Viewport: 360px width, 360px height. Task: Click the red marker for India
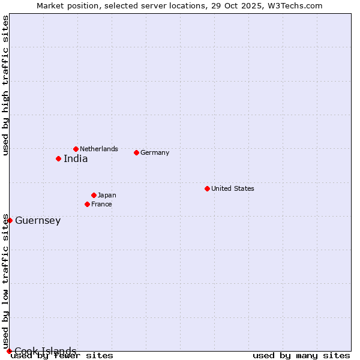coord(58,158)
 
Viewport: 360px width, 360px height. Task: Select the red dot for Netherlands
coord(76,149)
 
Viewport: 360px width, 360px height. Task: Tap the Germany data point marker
coord(136,152)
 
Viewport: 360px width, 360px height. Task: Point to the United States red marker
coord(207,188)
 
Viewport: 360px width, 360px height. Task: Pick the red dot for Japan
coord(94,195)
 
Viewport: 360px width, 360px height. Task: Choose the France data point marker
coord(87,204)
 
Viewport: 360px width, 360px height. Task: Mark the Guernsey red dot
coord(10,220)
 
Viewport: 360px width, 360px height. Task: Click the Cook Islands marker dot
coord(9,351)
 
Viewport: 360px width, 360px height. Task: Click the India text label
coord(76,159)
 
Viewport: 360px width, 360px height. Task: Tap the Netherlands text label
coord(99,149)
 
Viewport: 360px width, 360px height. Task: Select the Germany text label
coord(155,152)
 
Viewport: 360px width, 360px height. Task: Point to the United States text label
coord(233,188)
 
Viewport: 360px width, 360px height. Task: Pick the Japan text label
coord(107,195)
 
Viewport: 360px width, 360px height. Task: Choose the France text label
coord(101,204)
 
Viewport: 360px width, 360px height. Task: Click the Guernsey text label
coord(38,221)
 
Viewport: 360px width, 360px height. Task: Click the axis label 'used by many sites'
coord(301,356)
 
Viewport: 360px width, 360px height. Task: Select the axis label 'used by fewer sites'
coord(62,356)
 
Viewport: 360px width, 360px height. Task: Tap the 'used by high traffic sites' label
coord(5,85)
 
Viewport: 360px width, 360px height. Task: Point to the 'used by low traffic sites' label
coord(5,281)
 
